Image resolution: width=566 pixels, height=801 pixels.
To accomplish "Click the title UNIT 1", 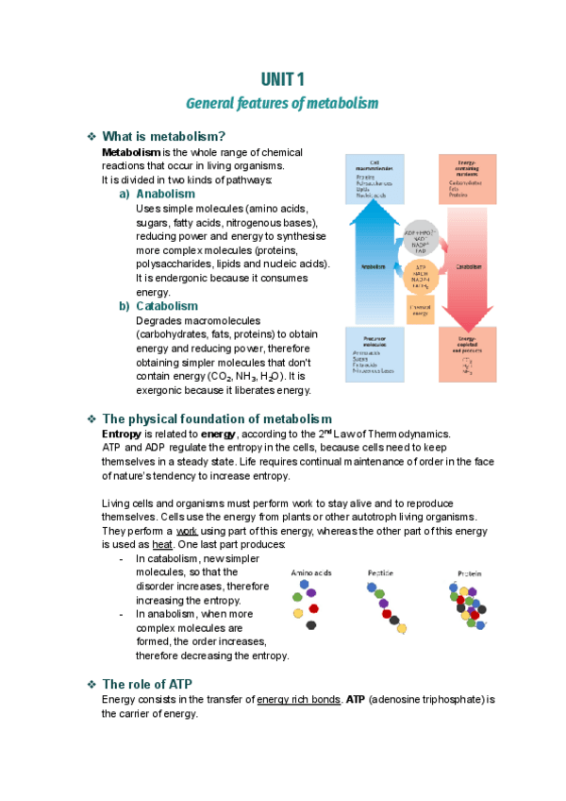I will click(282, 78).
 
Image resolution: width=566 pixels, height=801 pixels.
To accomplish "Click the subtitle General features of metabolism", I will click(282, 102).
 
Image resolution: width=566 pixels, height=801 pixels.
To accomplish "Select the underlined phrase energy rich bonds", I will click(299, 700).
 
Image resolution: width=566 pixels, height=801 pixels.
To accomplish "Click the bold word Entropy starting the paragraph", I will click(122, 434).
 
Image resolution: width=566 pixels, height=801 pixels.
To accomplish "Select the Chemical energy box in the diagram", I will click(421, 310).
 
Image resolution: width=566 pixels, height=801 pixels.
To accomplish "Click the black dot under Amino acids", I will click(311, 624).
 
